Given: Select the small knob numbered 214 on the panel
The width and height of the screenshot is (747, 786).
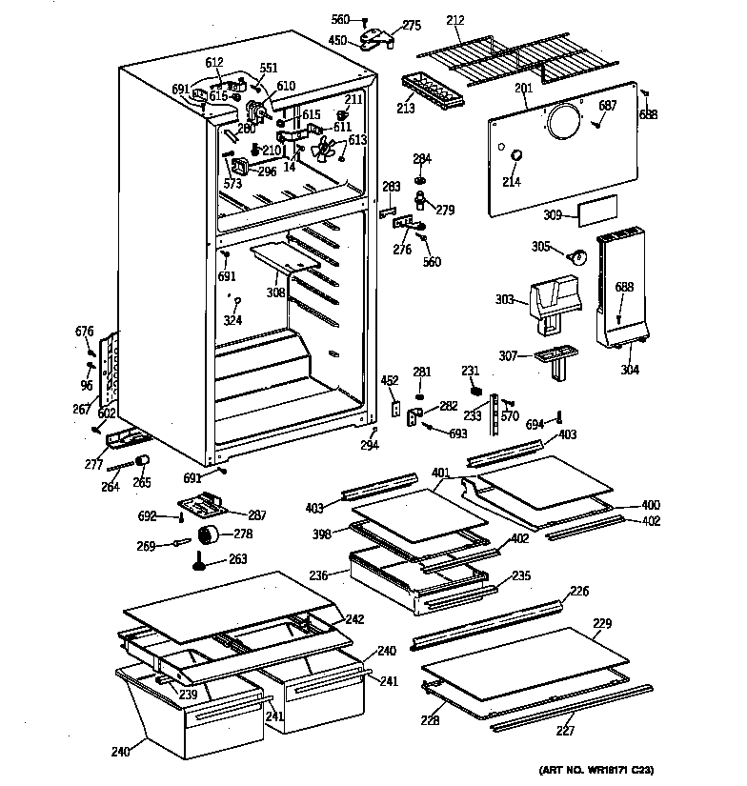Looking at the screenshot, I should click(515, 156).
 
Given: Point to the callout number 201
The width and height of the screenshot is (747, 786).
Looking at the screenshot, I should click(522, 89).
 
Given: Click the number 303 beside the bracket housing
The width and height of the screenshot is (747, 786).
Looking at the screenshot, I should click(506, 300).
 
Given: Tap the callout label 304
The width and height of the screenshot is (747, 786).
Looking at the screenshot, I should click(629, 371).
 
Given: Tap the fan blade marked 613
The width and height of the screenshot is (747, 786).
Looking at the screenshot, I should click(328, 151).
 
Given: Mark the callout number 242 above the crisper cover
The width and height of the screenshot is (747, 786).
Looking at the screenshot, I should click(354, 619).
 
